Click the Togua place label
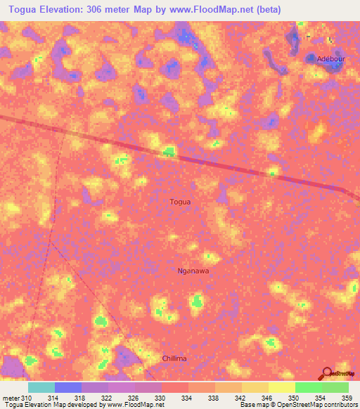(x=180, y=202)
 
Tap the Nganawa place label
(x=193, y=270)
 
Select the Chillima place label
(x=174, y=358)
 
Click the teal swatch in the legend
(x=41, y=387)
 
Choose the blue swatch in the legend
(x=68, y=387)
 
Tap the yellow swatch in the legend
(x=282, y=387)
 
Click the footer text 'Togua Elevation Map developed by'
(x=49, y=405)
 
